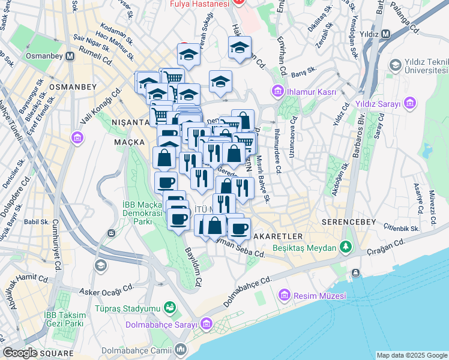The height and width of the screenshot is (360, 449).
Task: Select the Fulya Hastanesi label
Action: (x=200, y=4)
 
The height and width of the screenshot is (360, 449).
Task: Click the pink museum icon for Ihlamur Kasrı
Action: (x=277, y=91)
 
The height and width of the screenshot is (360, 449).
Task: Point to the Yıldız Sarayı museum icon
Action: (x=411, y=105)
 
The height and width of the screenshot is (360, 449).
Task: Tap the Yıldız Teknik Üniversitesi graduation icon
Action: (x=395, y=65)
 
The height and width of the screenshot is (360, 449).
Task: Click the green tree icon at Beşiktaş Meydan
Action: (x=346, y=247)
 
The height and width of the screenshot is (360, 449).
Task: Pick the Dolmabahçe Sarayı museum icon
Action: (x=206, y=325)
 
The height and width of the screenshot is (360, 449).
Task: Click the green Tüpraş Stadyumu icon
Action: (x=170, y=308)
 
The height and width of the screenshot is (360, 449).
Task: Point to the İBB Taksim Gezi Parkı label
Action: (x=62, y=319)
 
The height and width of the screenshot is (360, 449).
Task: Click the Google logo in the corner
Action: (x=20, y=353)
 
